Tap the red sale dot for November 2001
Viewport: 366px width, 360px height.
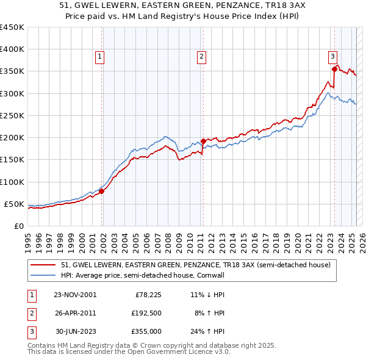click(x=102, y=191)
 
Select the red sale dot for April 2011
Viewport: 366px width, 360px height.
click(x=203, y=141)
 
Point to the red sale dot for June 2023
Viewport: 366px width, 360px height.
click(x=334, y=69)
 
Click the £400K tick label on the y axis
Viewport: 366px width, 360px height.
click(x=12, y=49)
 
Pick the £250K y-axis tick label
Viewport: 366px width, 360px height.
click(x=12, y=115)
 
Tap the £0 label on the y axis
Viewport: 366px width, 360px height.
click(x=18, y=226)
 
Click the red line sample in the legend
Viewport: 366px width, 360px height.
click(x=43, y=265)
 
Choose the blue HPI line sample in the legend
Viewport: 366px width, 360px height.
click(x=43, y=275)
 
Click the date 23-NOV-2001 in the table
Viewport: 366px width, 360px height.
click(x=75, y=295)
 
